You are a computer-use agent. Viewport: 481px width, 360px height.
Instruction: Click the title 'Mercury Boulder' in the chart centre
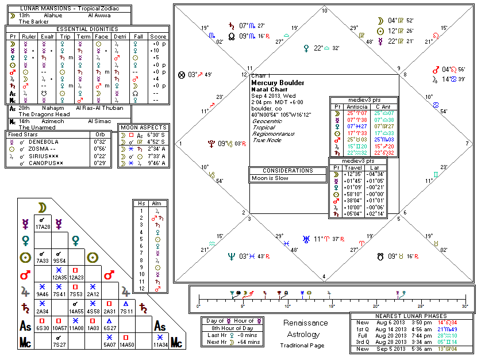pos(274,83)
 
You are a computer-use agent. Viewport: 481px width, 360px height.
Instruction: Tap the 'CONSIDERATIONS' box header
pos(280,171)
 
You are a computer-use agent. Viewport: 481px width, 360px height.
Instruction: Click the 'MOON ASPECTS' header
pos(143,127)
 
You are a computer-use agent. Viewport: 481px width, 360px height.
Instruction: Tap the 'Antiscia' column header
pos(356,107)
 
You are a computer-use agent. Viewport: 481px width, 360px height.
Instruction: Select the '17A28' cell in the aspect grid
pos(42,227)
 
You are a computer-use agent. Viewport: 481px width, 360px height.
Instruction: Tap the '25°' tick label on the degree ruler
pos(420,306)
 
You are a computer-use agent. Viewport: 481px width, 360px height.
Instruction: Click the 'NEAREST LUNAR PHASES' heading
pos(412,316)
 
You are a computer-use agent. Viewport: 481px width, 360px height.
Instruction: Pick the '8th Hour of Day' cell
pos(231,328)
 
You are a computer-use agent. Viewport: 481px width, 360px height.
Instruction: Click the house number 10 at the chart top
pos(324,11)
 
